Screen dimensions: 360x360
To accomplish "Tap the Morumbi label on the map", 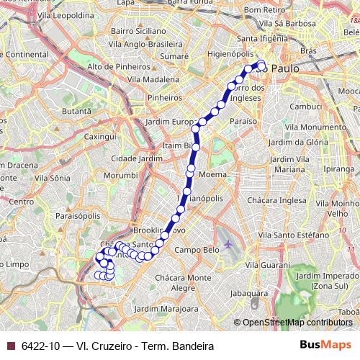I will [120, 175].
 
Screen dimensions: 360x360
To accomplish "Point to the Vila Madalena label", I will [154, 80].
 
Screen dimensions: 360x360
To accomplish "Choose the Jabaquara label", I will [248, 294].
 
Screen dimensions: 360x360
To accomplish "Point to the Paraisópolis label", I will [77, 215].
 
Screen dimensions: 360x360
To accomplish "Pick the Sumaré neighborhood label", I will [174, 55].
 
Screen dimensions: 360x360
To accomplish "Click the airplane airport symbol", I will [229, 243].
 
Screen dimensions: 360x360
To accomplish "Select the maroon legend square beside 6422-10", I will [9, 346].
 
